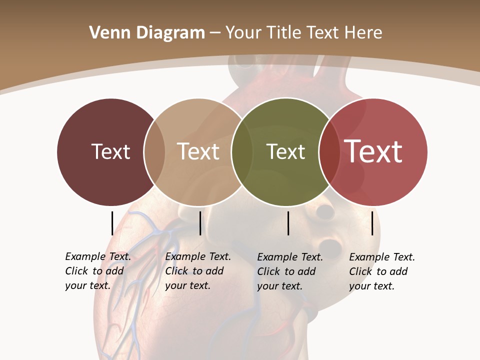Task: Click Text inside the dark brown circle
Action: (110, 151)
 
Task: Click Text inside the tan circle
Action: (198, 151)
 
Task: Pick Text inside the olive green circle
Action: (285, 151)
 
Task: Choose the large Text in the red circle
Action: (373, 151)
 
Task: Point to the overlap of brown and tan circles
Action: (154, 151)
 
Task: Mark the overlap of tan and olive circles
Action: (242, 151)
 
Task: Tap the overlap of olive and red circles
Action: (329, 151)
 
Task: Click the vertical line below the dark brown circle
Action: (112, 223)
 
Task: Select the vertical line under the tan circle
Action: (200, 223)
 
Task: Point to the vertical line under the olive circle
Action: (288, 223)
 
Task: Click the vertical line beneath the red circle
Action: (372, 223)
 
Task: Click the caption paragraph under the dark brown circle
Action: (97, 271)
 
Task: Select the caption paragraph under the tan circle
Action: (197, 271)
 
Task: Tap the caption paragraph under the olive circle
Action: (289, 271)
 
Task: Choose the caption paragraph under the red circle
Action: (381, 271)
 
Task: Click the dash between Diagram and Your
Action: (215, 33)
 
